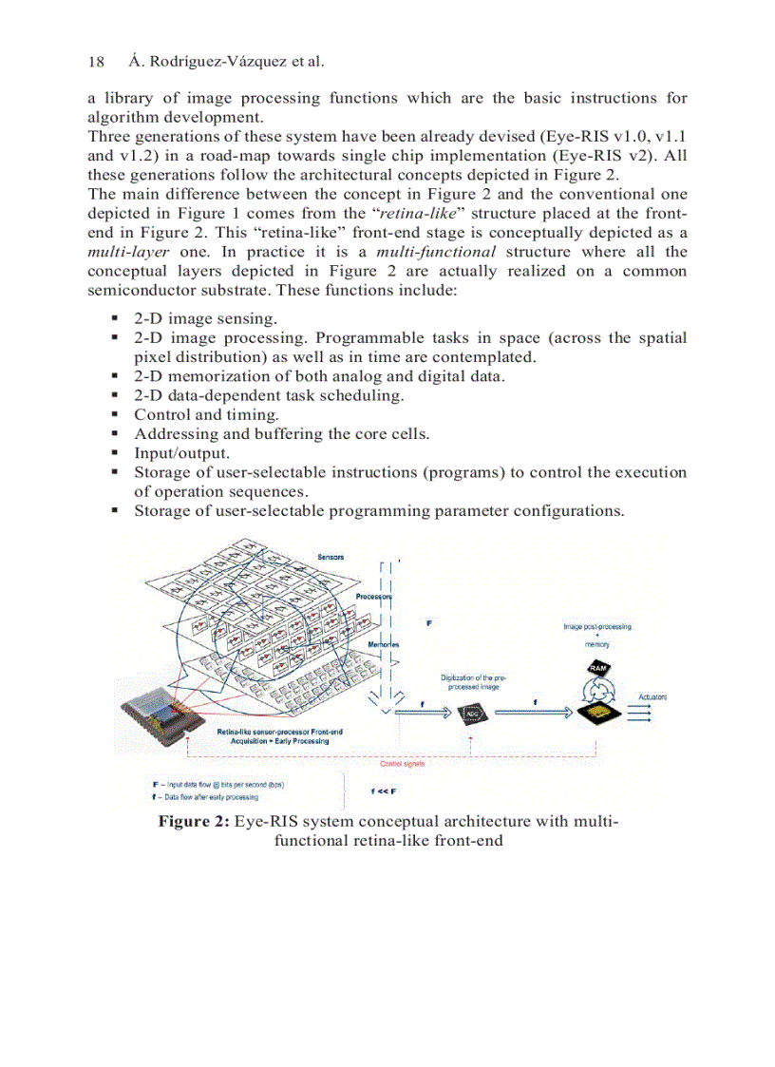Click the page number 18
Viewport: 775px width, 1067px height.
point(96,62)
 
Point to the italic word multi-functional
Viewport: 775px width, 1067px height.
point(436,252)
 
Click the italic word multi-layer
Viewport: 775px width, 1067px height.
point(128,252)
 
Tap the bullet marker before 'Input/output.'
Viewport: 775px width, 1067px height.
point(115,453)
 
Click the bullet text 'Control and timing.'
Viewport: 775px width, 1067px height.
point(206,414)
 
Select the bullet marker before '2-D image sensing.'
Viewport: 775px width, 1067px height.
point(115,318)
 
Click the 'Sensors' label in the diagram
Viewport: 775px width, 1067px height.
point(331,556)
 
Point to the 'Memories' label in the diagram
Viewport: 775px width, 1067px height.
point(383,644)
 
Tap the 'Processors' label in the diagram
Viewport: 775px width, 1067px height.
point(375,597)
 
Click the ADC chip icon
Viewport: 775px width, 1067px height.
point(471,715)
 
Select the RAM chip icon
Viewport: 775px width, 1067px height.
point(598,669)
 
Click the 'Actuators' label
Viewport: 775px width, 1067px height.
point(652,696)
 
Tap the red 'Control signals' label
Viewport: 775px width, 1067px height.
point(402,763)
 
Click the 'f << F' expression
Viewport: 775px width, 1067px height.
point(383,791)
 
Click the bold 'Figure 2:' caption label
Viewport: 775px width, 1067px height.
point(193,821)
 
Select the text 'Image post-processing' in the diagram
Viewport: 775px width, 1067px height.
point(596,626)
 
